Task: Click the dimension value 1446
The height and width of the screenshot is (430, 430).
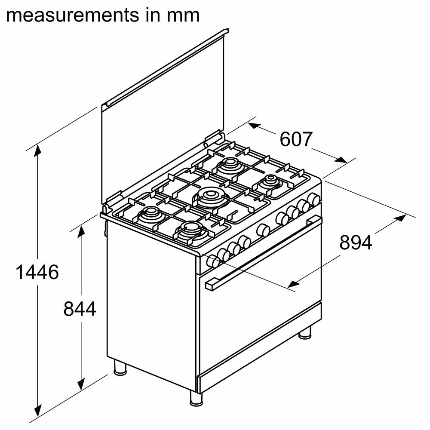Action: (37, 272)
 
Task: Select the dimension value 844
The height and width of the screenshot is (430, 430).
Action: (80, 309)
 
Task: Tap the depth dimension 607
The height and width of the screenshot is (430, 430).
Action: (295, 139)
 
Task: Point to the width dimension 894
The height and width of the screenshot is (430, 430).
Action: (356, 243)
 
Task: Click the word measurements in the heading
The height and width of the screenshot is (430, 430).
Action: (71, 15)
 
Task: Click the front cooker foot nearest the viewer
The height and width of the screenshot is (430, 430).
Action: (196, 398)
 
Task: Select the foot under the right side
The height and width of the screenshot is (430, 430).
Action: (305, 332)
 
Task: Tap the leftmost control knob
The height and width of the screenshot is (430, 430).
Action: (212, 261)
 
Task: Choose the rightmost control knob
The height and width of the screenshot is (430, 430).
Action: (315, 199)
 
